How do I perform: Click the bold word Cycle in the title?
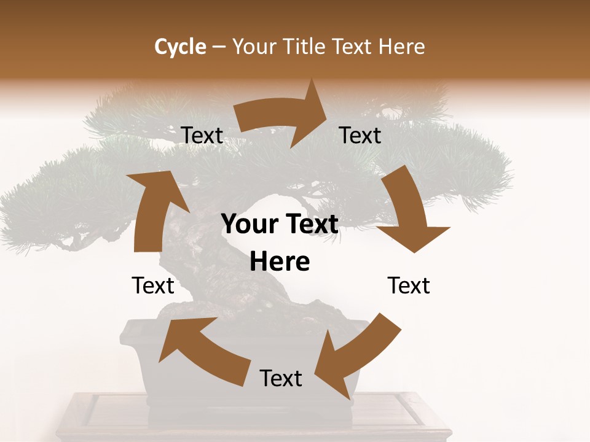coord(180,47)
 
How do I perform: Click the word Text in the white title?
coord(353,47)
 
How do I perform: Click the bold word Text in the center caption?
coord(310,225)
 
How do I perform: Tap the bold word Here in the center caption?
coord(280,262)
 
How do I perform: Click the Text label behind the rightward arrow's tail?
coord(202,135)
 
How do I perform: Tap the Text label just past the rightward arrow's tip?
coord(360,135)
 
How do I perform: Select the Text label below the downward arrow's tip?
coord(409,285)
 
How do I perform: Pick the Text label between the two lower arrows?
coord(281,378)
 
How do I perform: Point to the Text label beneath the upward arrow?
coord(153,285)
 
